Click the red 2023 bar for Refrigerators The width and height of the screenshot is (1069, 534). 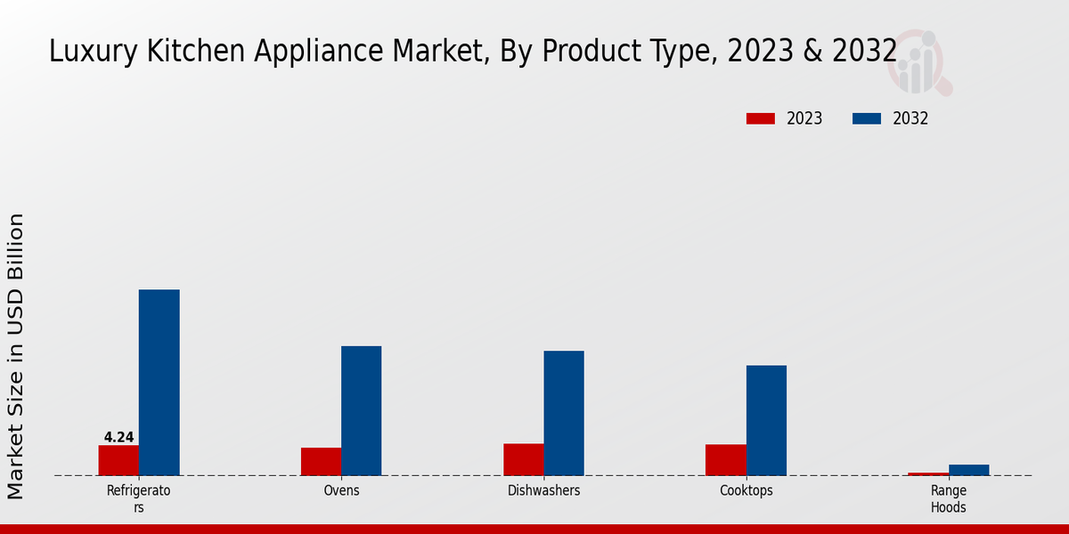pos(118,460)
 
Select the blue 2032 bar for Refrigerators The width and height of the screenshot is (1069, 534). pos(159,383)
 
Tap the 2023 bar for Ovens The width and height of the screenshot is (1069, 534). pos(321,461)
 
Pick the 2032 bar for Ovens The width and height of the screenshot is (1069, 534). pos(361,410)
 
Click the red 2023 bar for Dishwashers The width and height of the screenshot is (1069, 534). pos(523,459)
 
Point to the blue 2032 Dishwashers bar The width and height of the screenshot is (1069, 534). pos(564,413)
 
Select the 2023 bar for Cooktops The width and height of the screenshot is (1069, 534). pos(725,459)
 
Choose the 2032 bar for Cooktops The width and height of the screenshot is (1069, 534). pos(766,420)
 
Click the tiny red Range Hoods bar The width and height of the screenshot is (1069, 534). pos(927,473)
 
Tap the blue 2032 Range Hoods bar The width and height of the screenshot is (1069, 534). pos(968,470)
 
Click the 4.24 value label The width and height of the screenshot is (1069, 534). pos(118,437)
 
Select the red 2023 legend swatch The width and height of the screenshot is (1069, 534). pos(760,118)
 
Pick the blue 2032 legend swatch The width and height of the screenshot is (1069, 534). pos(867,118)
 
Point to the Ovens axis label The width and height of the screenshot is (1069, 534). pos(341,490)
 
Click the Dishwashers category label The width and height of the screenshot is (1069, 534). pos(543,490)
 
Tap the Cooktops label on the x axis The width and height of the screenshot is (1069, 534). pos(746,490)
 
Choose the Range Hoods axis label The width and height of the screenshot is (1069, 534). pos(948,498)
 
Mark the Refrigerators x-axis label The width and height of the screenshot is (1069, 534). pos(138,498)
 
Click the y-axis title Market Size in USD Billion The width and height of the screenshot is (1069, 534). pos(16,356)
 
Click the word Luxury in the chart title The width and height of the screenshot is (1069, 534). pos(83,52)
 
